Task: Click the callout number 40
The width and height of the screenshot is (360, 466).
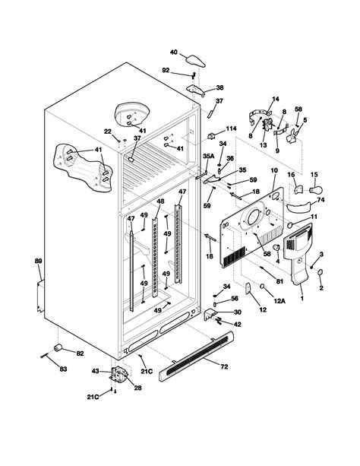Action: pos(173,52)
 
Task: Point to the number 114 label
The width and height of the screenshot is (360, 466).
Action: pos(232,128)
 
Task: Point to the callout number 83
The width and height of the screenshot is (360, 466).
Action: pos(63,369)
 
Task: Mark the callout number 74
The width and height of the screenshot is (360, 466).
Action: pos(320,201)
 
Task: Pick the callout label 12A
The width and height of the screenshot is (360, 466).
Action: pos(279,302)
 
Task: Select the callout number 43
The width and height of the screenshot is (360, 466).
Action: pos(96,371)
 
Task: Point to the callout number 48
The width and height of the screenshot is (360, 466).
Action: pos(160,201)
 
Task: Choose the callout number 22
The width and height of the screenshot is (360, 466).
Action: pos(107,132)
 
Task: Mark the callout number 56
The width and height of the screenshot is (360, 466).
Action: pos(235,299)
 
